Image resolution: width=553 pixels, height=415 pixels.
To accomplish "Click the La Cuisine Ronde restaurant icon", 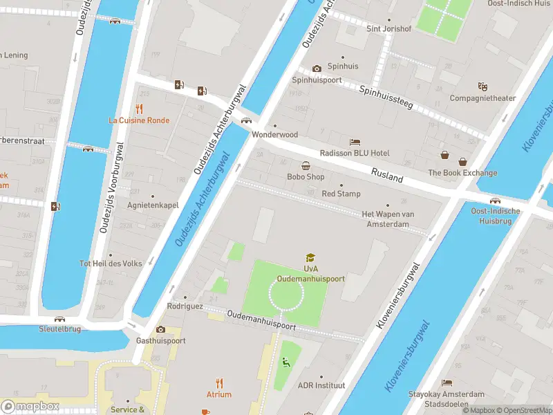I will click(139, 108).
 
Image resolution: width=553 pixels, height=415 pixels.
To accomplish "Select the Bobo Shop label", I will click(306, 176).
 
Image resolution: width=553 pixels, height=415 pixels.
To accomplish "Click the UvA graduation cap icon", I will click(310, 257).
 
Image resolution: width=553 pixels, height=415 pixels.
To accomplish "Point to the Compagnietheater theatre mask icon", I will click(482, 86).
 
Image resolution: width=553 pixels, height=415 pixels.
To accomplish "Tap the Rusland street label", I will click(386, 176).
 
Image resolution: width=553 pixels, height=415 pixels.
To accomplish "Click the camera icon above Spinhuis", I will click(317, 68).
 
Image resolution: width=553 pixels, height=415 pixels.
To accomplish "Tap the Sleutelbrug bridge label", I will click(59, 329).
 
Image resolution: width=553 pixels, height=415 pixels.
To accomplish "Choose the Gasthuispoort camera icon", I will click(160, 329).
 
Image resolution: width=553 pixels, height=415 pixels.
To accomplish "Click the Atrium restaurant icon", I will click(219, 382).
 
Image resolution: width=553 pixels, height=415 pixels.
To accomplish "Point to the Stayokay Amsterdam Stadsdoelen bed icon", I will click(447, 382).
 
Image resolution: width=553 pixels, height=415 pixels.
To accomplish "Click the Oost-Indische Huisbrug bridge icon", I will click(495, 201).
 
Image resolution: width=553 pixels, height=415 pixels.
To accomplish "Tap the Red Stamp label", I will click(341, 194).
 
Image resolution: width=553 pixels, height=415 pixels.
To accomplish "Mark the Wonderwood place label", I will click(274, 134).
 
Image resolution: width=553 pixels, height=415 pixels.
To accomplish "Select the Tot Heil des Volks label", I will click(111, 264).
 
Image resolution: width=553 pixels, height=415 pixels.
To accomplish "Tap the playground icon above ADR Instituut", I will click(285, 362).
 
